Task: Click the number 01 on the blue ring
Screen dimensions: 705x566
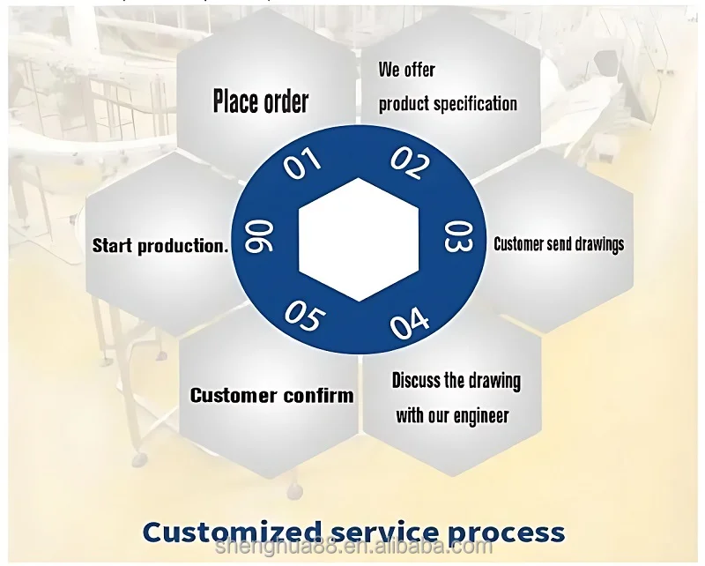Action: (301, 164)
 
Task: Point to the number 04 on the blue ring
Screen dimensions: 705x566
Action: (410, 324)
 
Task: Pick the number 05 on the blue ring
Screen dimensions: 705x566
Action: (302, 317)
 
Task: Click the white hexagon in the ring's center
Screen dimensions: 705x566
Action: (358, 239)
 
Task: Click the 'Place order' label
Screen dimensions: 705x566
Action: (261, 101)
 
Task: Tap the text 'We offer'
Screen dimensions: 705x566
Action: (407, 69)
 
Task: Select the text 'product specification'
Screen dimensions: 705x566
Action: (448, 103)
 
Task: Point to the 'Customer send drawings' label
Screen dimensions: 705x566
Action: (559, 244)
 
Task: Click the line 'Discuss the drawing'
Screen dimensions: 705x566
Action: (456, 381)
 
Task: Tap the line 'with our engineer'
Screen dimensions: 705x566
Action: (452, 415)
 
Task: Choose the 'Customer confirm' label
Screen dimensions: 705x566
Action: (271, 395)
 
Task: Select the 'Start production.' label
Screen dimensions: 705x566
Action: (160, 246)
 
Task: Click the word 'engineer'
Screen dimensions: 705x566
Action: (481, 416)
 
